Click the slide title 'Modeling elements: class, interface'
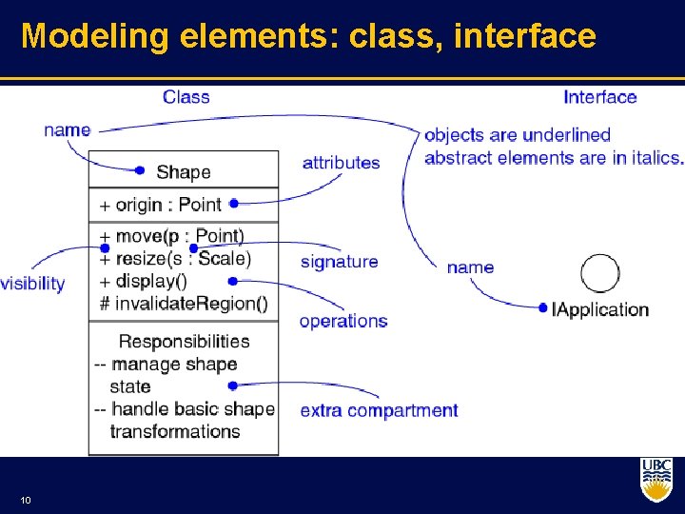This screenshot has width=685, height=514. pyautogui.click(x=308, y=36)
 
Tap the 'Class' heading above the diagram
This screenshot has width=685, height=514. pyautogui.click(x=186, y=97)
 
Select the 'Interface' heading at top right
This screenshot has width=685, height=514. pyautogui.click(x=599, y=97)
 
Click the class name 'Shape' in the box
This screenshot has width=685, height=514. pyautogui.click(x=183, y=172)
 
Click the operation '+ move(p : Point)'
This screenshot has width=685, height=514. pyautogui.click(x=171, y=236)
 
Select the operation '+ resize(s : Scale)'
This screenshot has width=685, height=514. pyautogui.click(x=175, y=258)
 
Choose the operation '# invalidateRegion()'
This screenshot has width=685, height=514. pyautogui.click(x=183, y=304)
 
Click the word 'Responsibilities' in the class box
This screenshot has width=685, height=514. pyautogui.click(x=184, y=341)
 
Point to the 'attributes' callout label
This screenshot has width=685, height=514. pyautogui.click(x=341, y=163)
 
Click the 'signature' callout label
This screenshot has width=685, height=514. pyautogui.click(x=339, y=262)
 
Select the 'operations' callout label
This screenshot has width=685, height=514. pyautogui.click(x=343, y=321)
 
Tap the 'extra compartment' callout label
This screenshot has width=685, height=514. pyautogui.click(x=379, y=411)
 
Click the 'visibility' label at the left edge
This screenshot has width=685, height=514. pyautogui.click(x=32, y=284)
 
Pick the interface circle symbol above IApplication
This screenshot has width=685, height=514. pyautogui.click(x=599, y=274)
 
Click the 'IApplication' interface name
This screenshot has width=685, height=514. pyautogui.click(x=600, y=309)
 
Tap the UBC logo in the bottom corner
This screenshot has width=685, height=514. pyautogui.click(x=656, y=480)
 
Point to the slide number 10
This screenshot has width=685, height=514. pyautogui.click(x=24, y=501)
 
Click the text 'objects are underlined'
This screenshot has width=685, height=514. pyautogui.click(x=518, y=135)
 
